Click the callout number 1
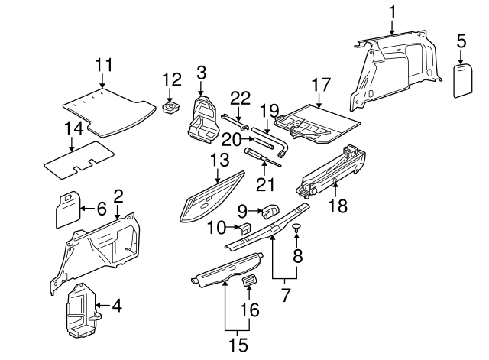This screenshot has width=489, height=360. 392,11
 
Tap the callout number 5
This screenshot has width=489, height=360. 461,40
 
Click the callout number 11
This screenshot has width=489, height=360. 103,65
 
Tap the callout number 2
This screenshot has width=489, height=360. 118,196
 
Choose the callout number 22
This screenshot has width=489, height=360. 241,97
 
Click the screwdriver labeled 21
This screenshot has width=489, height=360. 258,157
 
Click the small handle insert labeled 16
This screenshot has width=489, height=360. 249,283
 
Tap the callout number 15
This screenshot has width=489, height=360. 240,345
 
